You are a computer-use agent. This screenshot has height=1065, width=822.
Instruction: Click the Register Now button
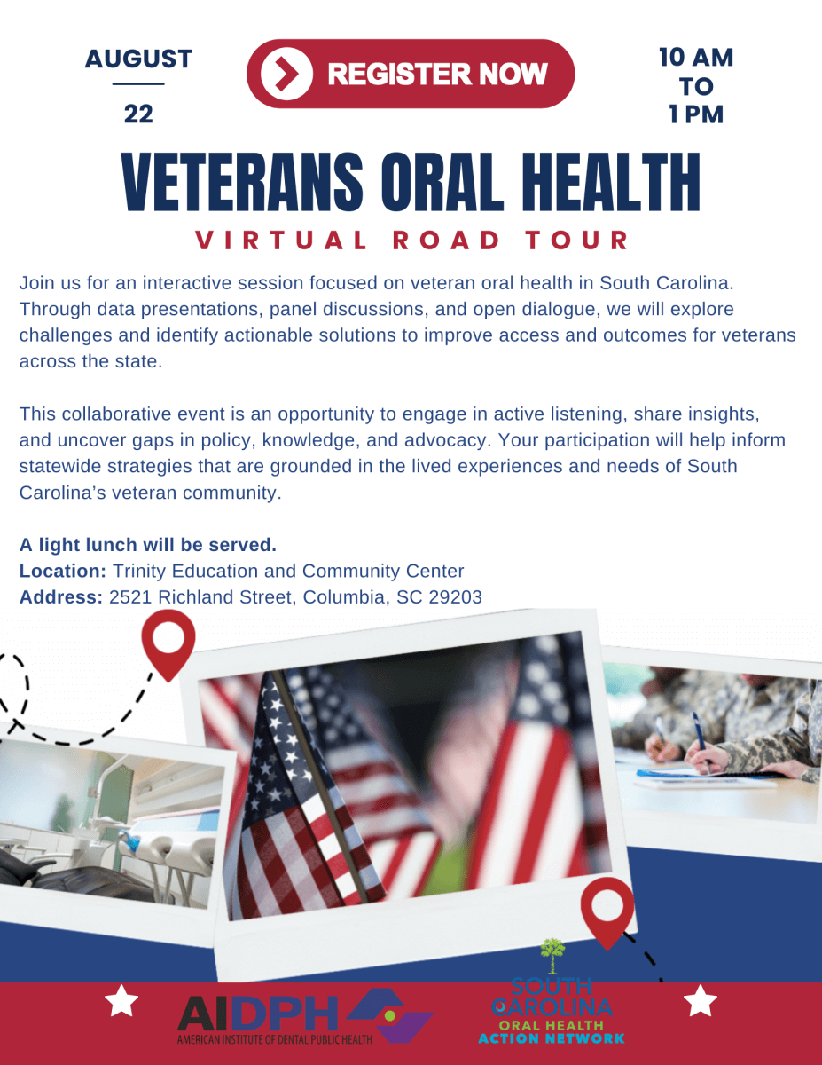pyautogui.click(x=411, y=74)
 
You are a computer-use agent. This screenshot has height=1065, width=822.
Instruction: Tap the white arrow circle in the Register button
pyautogui.click(x=286, y=74)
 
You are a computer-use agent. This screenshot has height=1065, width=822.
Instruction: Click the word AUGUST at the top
pyautogui.click(x=138, y=59)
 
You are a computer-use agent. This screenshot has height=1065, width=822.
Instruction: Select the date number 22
pyautogui.click(x=138, y=114)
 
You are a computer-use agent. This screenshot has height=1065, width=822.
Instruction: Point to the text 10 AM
pyautogui.click(x=696, y=58)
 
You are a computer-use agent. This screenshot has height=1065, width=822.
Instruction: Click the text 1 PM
pyautogui.click(x=696, y=114)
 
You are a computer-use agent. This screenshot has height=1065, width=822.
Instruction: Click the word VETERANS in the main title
pyautogui.click(x=242, y=182)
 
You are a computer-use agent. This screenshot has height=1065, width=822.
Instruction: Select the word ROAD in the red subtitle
pyautogui.click(x=446, y=241)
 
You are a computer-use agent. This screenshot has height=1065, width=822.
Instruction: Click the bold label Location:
pyautogui.click(x=63, y=571)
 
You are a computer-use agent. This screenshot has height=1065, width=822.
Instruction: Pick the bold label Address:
pyautogui.click(x=61, y=597)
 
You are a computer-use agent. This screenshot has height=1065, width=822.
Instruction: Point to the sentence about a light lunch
pyautogui.click(x=148, y=545)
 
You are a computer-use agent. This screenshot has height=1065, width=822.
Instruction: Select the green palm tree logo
pyautogui.click(x=552, y=956)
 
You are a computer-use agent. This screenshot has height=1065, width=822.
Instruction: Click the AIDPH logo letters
pyautogui.click(x=258, y=1014)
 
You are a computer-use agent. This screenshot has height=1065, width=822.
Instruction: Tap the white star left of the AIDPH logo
pyautogui.click(x=121, y=1001)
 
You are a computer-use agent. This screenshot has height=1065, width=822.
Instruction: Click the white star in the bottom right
pyautogui.click(x=701, y=1001)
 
